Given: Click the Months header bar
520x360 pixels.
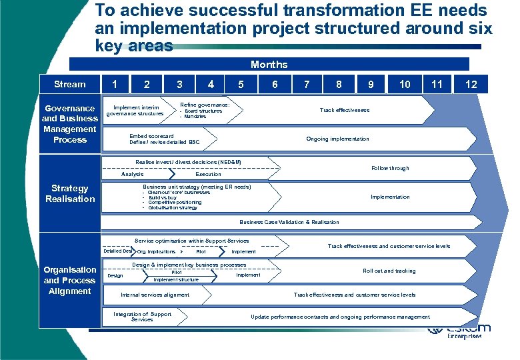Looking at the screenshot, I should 269,64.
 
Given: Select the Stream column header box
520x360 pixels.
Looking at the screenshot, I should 70,84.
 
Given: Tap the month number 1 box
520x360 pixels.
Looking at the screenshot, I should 116,84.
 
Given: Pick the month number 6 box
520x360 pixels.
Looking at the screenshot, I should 275,84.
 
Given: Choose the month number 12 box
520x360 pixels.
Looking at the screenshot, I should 471,84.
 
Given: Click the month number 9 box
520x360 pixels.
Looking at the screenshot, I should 371,84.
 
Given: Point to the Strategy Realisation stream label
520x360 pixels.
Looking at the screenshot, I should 70,193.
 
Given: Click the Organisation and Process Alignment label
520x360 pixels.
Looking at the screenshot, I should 70,280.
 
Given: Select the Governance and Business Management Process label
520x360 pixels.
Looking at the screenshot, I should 70,124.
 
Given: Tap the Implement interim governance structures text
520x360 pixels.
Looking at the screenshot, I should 135,111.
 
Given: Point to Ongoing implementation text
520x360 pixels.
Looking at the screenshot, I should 337,139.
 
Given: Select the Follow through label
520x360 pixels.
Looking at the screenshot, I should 390,168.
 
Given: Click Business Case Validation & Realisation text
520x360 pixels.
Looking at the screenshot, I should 289,222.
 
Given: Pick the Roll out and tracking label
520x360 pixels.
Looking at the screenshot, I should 389,271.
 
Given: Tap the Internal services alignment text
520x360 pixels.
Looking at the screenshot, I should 155,295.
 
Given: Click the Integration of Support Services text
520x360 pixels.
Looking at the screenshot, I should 142,317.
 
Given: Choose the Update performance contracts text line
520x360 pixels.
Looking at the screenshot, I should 340,317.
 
